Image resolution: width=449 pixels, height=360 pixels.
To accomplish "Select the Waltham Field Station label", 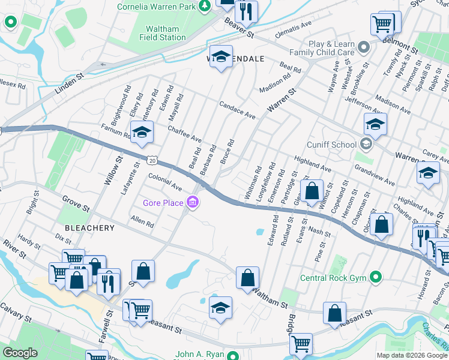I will point(162,33).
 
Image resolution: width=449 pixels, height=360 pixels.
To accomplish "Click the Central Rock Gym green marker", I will point(376,277).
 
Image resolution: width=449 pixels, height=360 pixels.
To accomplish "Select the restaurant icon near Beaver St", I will point(246,11).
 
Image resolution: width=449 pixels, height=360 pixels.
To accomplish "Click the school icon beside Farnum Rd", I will point(142,132).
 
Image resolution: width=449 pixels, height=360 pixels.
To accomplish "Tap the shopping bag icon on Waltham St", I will point(247,277).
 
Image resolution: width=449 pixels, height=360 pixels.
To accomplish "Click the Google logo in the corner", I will point(21,353).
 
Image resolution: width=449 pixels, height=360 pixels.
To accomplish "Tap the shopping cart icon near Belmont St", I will point(382,24).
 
